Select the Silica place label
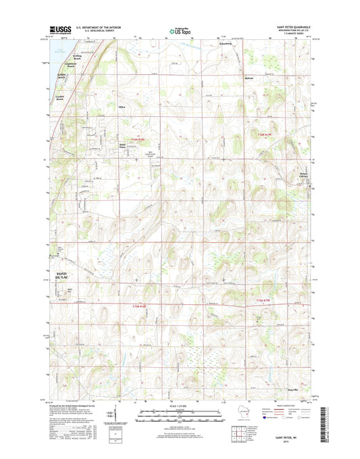(x=123, y=107)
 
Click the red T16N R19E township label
(x=267, y=135)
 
